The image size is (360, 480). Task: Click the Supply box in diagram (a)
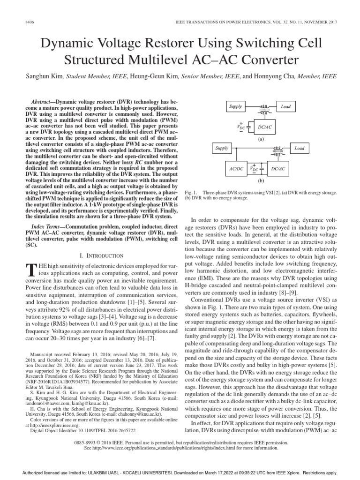pos(235,106)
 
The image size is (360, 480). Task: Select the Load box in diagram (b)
pos(299,149)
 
